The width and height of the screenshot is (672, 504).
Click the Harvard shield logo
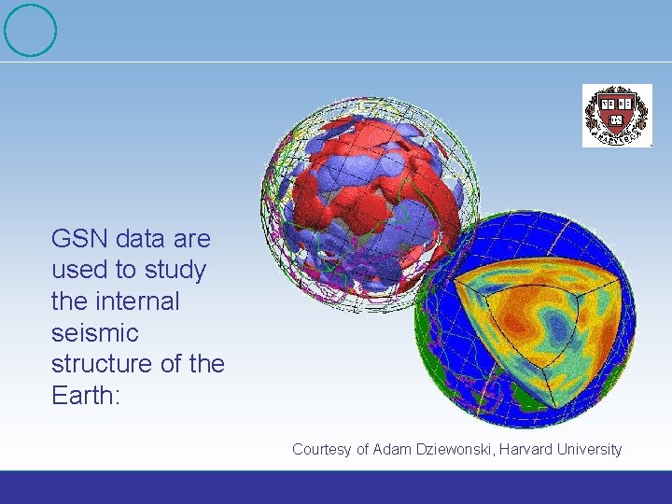pyautogui.click(x=617, y=116)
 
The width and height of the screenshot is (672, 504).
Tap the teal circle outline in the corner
pyautogui.click(x=30, y=31)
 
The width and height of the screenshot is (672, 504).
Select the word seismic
pyautogui.click(x=95, y=332)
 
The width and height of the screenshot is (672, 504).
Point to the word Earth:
pyautogui.click(x=87, y=395)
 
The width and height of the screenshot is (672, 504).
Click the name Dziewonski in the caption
pyautogui.click(x=455, y=449)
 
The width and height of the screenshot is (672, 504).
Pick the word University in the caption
pyautogui.click(x=590, y=449)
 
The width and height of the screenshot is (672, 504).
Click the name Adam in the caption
pyautogui.click(x=391, y=449)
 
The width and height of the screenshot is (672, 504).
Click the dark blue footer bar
pyautogui.click(x=336, y=486)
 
